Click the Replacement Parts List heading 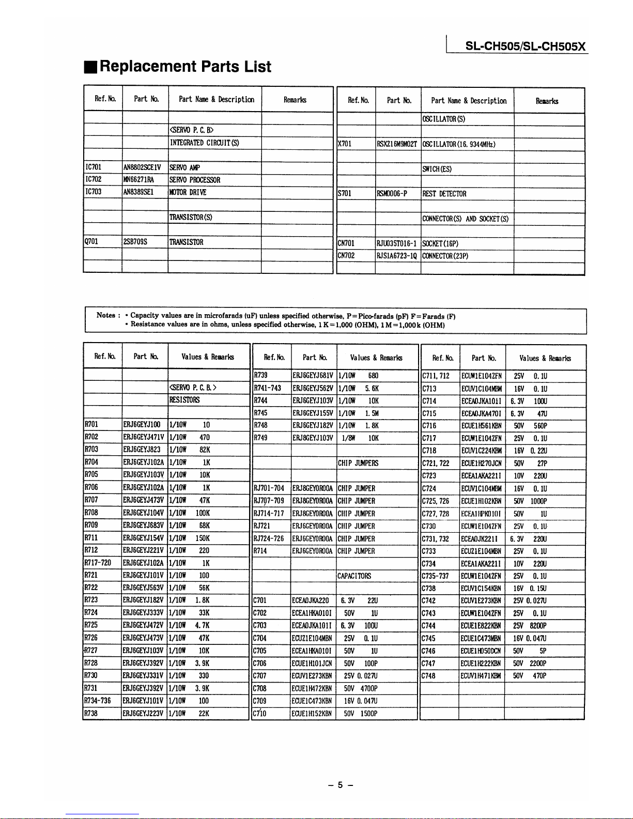coord(184,67)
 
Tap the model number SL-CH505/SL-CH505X coord(526,46)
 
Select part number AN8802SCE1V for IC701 coord(142,167)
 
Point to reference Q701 coord(91,242)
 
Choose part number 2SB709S coord(135,242)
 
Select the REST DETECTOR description coord(444,194)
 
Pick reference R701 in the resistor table coord(91,425)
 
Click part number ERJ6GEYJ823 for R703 coord(142,450)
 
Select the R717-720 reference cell coord(98,563)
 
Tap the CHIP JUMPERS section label coord(358,463)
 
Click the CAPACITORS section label coord(354,576)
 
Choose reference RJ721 coord(263,526)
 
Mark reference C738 coord(428,588)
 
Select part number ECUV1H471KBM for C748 coord(481,676)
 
